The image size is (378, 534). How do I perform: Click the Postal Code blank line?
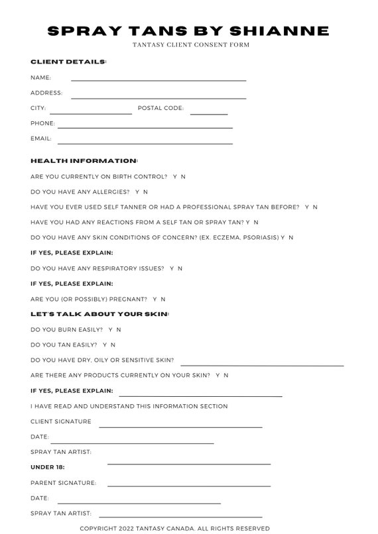pos(208,113)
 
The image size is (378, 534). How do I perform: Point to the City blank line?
pos(90,113)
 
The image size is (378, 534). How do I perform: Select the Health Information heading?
pos(84,161)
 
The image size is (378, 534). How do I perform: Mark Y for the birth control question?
pos(175,177)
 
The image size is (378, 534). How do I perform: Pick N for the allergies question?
pos(145,192)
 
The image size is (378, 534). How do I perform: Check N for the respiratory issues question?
pos(180,268)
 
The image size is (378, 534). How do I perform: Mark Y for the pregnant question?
pos(155,299)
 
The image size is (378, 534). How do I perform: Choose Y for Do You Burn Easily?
pos(110,329)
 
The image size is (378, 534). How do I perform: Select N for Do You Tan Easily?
pos(113,345)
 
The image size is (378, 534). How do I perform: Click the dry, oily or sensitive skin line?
pos(262,364)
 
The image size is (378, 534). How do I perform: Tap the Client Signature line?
pos(180,427)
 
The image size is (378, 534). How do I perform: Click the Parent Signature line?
pos(188,486)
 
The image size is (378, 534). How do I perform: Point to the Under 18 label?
pos(48,467)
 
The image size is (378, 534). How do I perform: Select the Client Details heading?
pos(68,62)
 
